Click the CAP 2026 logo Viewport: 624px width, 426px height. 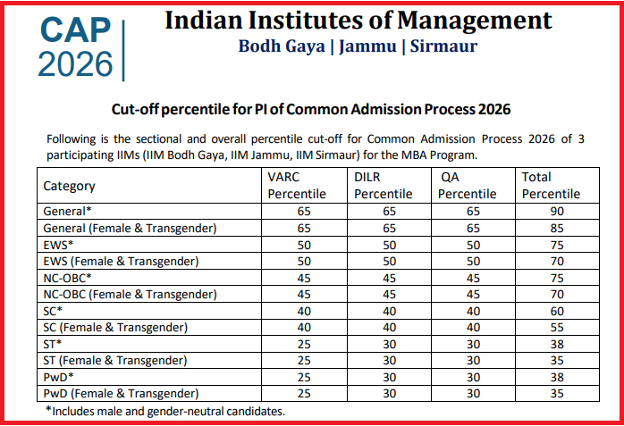click(x=77, y=46)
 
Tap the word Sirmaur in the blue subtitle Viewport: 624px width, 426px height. click(x=443, y=46)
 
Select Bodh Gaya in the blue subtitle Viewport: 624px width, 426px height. click(x=282, y=46)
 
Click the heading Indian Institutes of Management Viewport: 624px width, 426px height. click(x=358, y=20)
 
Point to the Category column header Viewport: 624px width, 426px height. click(x=69, y=186)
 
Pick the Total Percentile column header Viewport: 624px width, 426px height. click(x=551, y=186)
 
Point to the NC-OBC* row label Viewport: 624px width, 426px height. click(x=70, y=278)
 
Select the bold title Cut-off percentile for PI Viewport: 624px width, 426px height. click(x=311, y=109)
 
